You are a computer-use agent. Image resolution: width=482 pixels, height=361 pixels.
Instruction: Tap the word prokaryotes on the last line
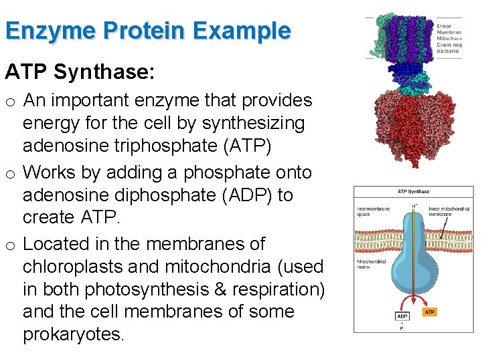tap(73, 334)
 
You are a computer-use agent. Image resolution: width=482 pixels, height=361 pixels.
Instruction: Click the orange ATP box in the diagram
tap(429, 312)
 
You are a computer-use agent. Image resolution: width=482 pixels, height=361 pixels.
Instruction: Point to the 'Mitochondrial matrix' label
tap(370, 265)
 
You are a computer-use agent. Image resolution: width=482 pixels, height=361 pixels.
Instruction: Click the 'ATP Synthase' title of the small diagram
tap(413, 192)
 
